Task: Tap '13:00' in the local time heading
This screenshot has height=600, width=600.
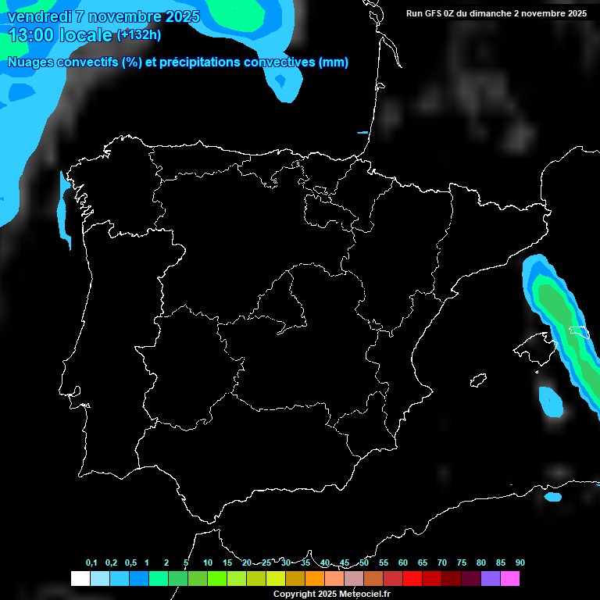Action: [30, 35]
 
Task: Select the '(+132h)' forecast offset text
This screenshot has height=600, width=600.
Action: [138, 34]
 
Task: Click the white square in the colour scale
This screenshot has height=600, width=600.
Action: [80, 579]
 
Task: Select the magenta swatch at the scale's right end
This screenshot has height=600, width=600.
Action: [510, 579]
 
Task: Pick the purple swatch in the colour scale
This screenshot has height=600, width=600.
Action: [491, 579]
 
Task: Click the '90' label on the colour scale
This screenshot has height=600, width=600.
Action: [520, 562]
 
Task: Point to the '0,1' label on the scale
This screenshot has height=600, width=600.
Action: [91, 562]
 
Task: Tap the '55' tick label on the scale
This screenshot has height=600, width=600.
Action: [383, 562]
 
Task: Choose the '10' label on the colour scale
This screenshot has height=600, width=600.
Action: [207, 562]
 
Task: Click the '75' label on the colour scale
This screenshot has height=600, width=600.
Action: [461, 562]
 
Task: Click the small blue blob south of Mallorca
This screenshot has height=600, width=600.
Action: [551, 402]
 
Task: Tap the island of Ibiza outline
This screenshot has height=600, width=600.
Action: [478, 380]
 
